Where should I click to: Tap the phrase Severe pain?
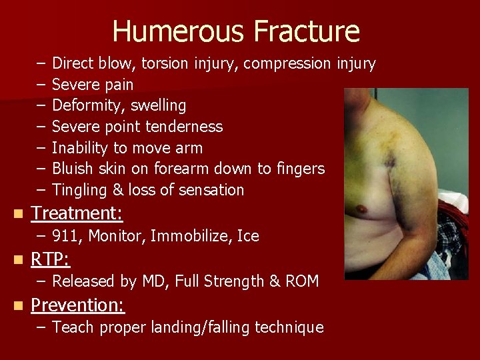[93, 85]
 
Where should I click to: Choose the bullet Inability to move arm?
[127, 148]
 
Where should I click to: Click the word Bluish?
[73, 169]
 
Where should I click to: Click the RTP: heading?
[50, 259]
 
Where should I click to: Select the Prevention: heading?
[78, 305]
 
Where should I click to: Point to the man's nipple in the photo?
[363, 209]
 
